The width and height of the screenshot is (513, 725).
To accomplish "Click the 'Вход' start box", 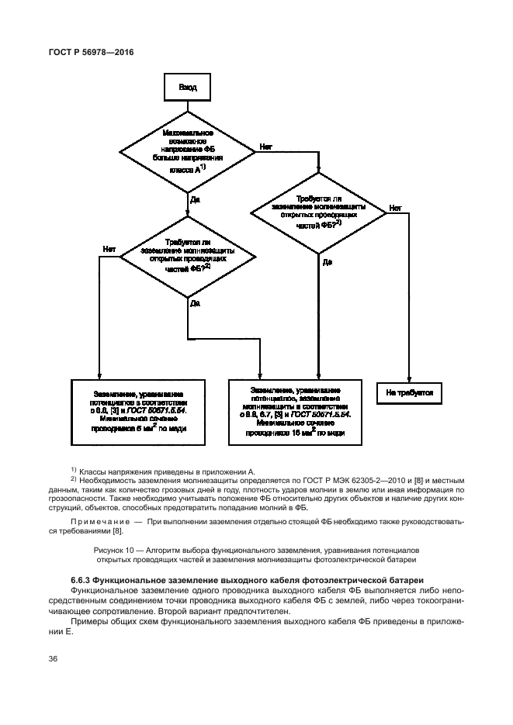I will [188, 88].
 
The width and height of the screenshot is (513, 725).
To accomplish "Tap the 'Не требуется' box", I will [409, 393].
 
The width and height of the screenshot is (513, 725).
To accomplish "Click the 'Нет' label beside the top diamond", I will [266, 146].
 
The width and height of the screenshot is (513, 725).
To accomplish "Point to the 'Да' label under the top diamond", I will [195, 199].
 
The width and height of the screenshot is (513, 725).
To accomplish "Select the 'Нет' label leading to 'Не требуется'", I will [395, 209].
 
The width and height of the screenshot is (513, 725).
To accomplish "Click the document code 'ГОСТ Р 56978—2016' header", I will [90, 53].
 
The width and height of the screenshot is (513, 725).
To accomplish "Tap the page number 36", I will [54, 659].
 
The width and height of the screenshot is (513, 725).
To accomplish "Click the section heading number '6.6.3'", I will [84, 580].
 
